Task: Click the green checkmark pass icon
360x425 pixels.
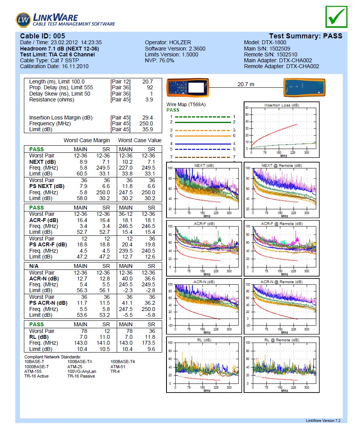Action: pyautogui.click(x=336, y=17)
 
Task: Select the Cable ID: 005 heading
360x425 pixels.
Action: pyautogui.click(x=43, y=36)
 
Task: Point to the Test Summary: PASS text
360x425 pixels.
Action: pyautogui.click(x=306, y=36)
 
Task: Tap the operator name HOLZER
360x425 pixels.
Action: pyautogui.click(x=180, y=42)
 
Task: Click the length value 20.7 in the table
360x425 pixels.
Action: pyautogui.click(x=147, y=81)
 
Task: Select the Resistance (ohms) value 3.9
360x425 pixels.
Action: pyautogui.click(x=149, y=99)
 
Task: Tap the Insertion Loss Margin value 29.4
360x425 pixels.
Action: pyautogui.click(x=147, y=118)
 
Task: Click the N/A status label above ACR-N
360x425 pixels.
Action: pyautogui.click(x=34, y=266)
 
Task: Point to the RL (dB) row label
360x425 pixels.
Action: pyautogui.click(x=39, y=337)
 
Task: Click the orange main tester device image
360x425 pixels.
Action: pyautogui.click(x=187, y=87)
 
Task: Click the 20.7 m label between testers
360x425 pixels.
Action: pyautogui.click(x=246, y=84)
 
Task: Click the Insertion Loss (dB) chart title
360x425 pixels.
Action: pyautogui.click(x=282, y=105)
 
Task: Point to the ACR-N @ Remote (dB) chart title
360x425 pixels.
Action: pyautogui.click(x=282, y=282)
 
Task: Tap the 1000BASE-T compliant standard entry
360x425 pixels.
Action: pyautogui.click(x=36, y=367)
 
